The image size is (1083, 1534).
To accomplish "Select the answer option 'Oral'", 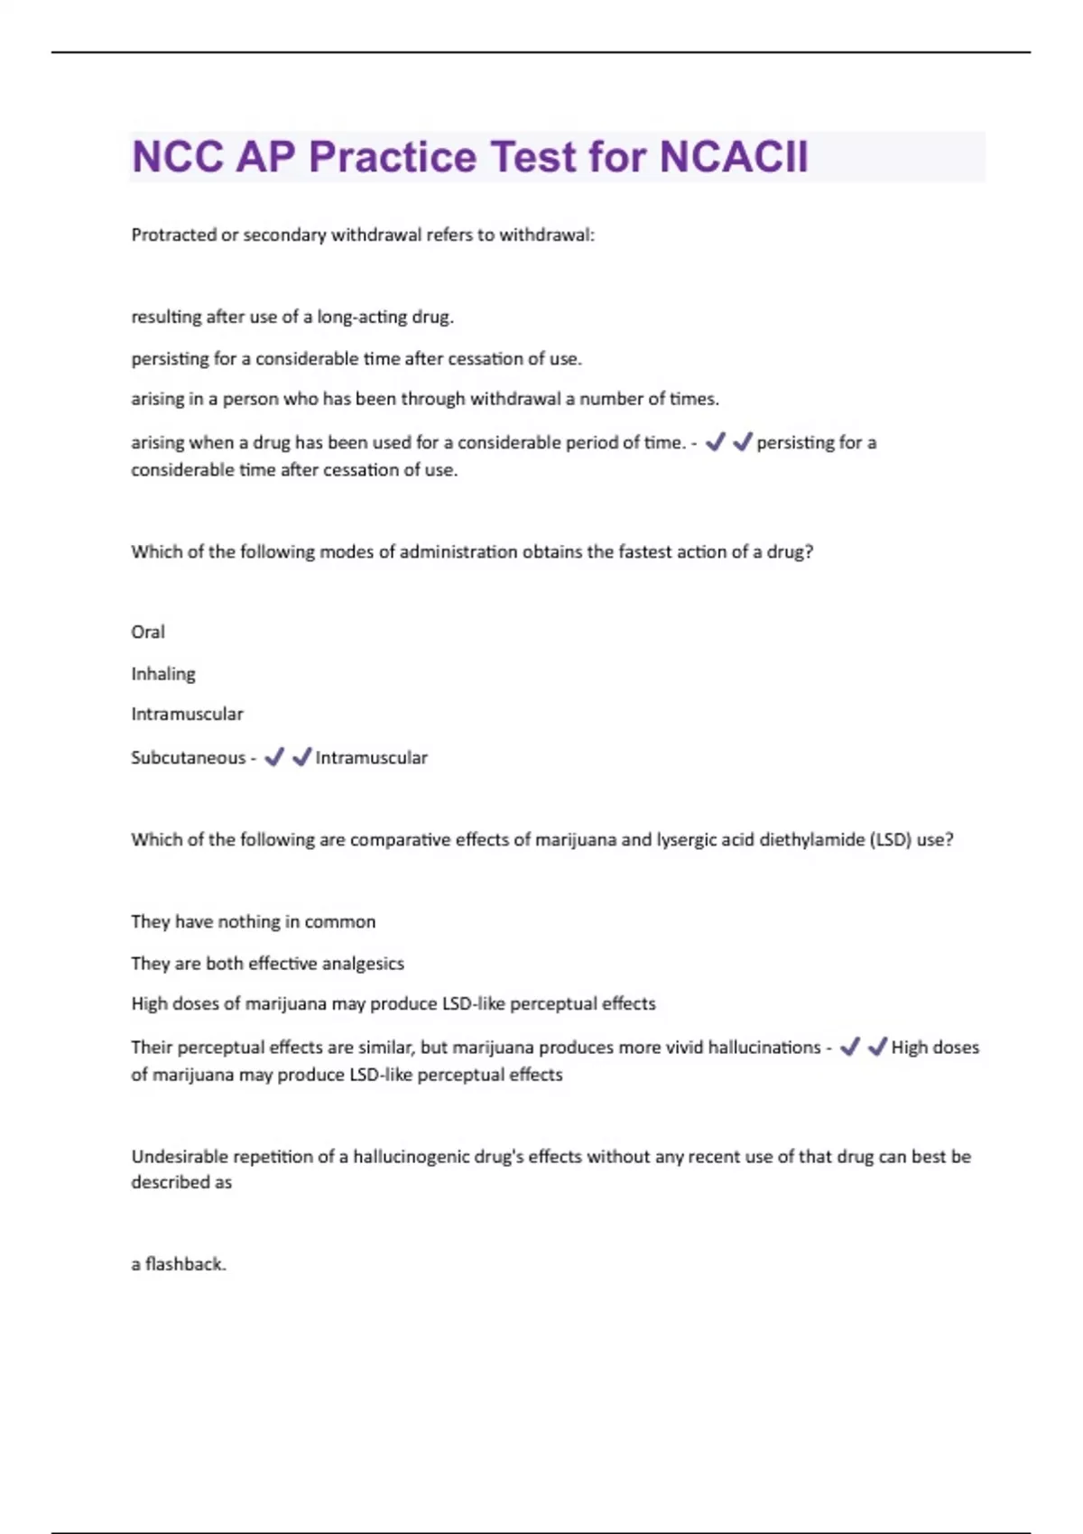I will click(148, 633).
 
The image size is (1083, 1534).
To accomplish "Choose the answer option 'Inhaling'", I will click(163, 674).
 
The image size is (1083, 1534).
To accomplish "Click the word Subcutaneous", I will click(188, 758).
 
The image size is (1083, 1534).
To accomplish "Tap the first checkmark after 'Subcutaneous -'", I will click(274, 757).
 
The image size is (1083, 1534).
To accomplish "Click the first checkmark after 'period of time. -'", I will click(716, 442).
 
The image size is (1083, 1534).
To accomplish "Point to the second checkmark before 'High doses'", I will click(877, 1047).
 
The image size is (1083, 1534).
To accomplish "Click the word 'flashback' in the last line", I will click(185, 1264).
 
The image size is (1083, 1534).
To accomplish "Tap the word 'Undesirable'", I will click(180, 1157).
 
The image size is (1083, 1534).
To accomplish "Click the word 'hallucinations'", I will click(764, 1048).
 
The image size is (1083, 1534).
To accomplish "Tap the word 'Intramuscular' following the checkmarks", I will click(371, 758).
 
